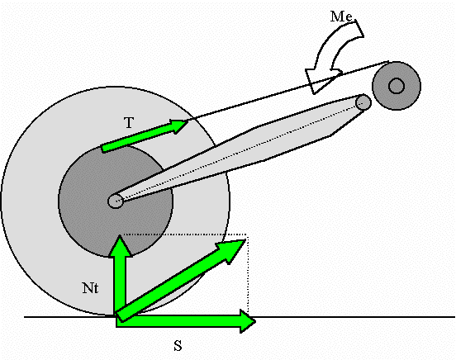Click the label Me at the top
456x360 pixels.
click(341, 17)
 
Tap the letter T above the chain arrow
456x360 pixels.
click(129, 123)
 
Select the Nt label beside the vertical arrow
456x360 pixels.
click(90, 288)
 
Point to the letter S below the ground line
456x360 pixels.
click(178, 346)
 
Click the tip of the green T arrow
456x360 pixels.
click(188, 122)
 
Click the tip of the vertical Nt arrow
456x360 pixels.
click(120, 235)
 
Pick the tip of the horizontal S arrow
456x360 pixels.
click(255, 322)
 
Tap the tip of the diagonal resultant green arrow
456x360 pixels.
click(246, 239)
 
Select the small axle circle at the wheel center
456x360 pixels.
click(116, 201)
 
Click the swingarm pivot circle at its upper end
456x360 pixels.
click(363, 102)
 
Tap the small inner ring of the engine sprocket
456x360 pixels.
click(397, 86)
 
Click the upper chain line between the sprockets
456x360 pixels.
click(288, 91)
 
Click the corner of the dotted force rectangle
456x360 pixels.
click(247, 234)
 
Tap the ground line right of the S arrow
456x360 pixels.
click(355, 317)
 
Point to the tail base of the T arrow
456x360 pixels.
click(103, 149)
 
